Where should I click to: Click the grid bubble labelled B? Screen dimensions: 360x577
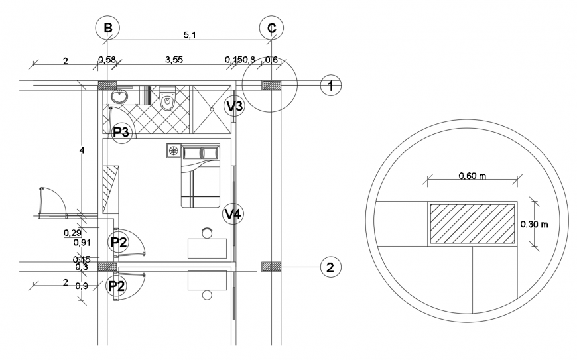107,29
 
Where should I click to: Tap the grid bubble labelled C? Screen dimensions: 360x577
271,29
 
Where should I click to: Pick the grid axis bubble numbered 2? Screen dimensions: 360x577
332,267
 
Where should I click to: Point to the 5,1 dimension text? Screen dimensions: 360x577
189,35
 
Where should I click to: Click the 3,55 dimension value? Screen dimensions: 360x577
174,60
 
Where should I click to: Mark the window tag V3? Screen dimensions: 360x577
235,105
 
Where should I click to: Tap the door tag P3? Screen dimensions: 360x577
122,132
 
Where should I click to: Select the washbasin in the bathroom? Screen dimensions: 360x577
120,96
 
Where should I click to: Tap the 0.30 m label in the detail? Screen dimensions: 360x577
535,224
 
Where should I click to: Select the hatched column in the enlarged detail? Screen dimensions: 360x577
472,224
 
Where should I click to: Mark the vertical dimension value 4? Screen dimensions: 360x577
82,151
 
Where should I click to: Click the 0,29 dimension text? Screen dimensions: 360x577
72,233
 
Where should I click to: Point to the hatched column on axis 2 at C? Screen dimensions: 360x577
271,267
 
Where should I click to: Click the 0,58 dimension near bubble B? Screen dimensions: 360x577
107,60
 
